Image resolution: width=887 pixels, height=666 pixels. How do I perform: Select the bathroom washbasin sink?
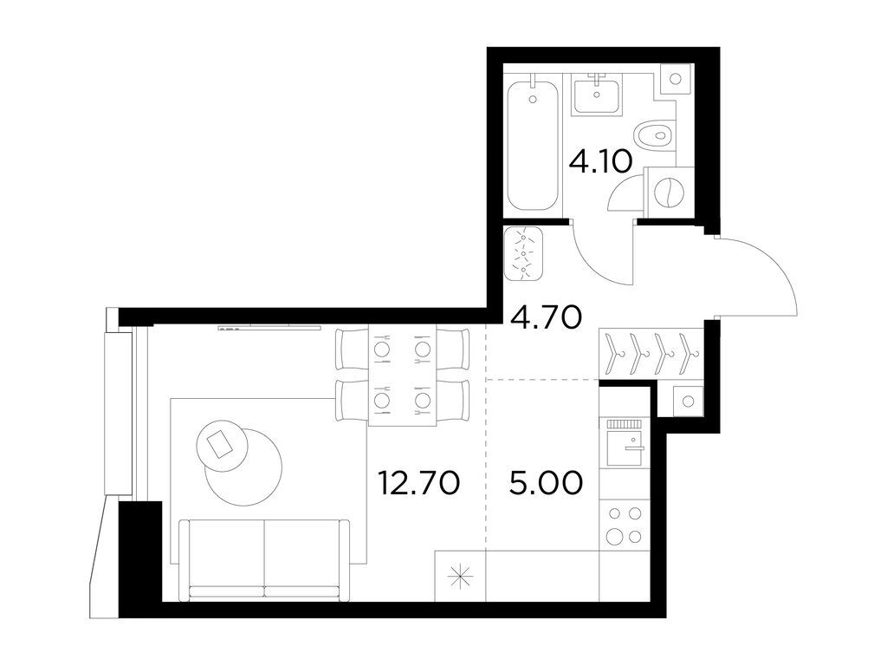(x=596, y=94)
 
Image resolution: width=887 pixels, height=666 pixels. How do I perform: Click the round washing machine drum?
(x=670, y=193)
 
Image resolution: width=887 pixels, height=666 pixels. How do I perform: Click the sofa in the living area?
(x=264, y=558)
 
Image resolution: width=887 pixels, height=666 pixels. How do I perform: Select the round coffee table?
(x=242, y=460)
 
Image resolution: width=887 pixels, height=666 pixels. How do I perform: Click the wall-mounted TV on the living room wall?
(x=269, y=327)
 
